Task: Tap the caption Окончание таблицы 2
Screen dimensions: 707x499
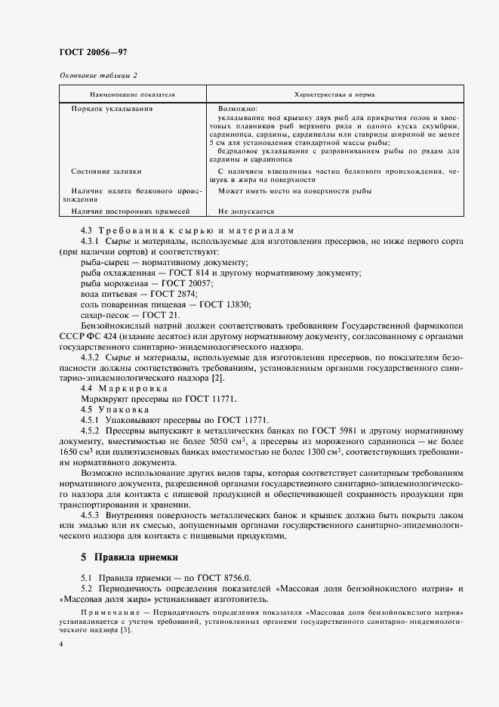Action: click(98, 76)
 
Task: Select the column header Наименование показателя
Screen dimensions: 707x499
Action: click(132, 94)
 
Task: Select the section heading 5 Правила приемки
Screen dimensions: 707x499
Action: click(128, 557)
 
